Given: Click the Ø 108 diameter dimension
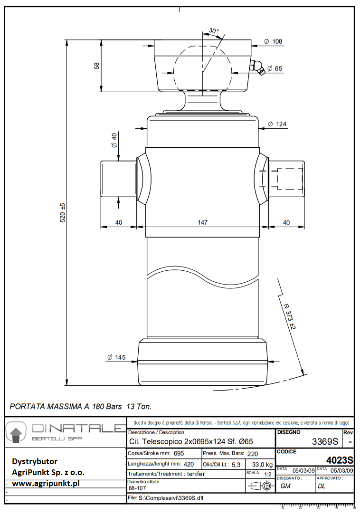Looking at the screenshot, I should point(275,42).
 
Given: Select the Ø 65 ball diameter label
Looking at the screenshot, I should point(275,68).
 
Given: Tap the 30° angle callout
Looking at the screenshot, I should point(214,31).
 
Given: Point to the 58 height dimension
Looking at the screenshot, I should point(97,66).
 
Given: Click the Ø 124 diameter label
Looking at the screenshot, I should point(277,124).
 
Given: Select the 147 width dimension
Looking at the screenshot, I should point(202,222).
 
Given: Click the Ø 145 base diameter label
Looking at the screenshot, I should point(116,357).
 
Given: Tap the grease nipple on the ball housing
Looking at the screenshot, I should point(257,67).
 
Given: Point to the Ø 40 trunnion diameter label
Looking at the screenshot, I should point(114,140).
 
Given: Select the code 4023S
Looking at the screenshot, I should point(340,460).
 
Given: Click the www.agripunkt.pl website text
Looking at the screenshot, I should point(46,483).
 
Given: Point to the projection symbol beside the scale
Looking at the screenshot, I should point(260,486).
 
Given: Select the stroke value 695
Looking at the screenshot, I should point(178,453).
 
